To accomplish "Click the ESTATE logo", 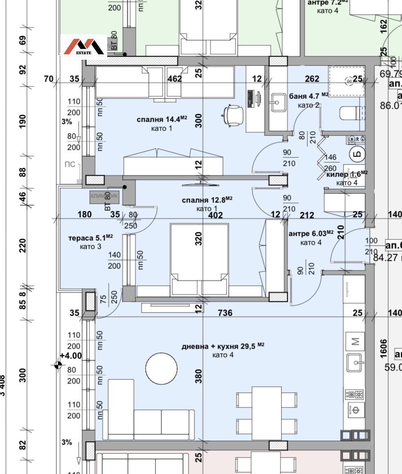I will [x=84, y=47].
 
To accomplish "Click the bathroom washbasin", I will [x=278, y=103].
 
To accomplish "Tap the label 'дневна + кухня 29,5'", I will [x=223, y=346].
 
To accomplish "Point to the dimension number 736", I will [x=225, y=313].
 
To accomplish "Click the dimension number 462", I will [x=174, y=79].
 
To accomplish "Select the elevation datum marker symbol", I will [x=58, y=365].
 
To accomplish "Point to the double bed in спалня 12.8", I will [x=200, y=260].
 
